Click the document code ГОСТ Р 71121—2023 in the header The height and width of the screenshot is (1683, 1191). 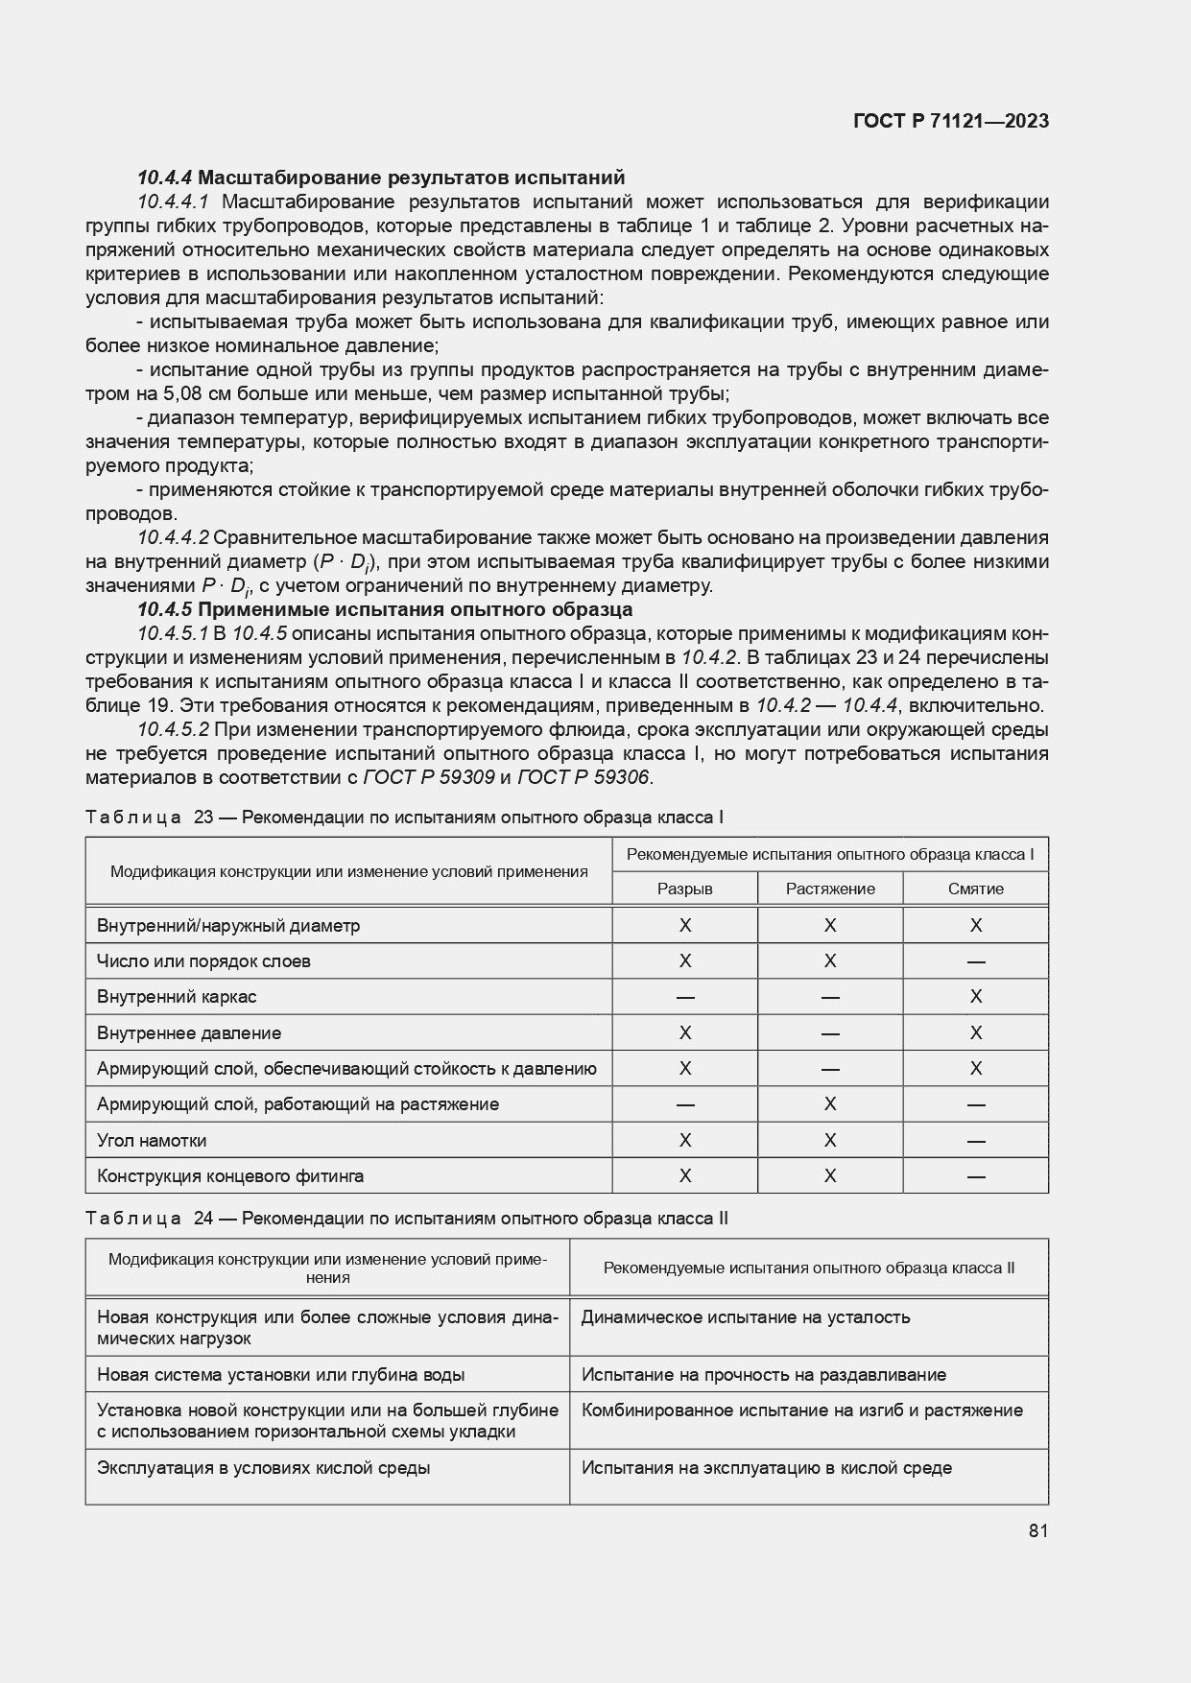950,121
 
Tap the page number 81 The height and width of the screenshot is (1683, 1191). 1037,1530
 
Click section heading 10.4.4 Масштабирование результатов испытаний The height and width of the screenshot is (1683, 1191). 381,178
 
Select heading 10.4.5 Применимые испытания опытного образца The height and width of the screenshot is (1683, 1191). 384,609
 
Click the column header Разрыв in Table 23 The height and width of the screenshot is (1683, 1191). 684,889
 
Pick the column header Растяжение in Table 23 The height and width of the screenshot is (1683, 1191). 830,889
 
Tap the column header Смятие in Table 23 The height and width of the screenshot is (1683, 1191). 975,889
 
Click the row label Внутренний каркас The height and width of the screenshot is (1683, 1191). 177,997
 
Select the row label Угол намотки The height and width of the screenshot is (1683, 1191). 152,1141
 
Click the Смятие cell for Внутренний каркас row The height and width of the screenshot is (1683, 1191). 975,997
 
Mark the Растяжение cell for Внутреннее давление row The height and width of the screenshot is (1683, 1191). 830,1033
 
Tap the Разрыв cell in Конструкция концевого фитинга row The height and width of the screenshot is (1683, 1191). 684,1176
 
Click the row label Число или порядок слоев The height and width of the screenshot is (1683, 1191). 203,961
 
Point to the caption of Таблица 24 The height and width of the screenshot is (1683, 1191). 407,1219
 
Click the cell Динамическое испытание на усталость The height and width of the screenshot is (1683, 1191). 745,1317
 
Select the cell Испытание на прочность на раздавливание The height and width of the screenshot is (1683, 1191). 763,1375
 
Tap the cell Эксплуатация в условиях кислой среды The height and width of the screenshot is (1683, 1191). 263,1468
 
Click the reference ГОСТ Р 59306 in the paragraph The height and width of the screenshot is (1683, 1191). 584,777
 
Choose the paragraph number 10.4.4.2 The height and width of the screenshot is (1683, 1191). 173,537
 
